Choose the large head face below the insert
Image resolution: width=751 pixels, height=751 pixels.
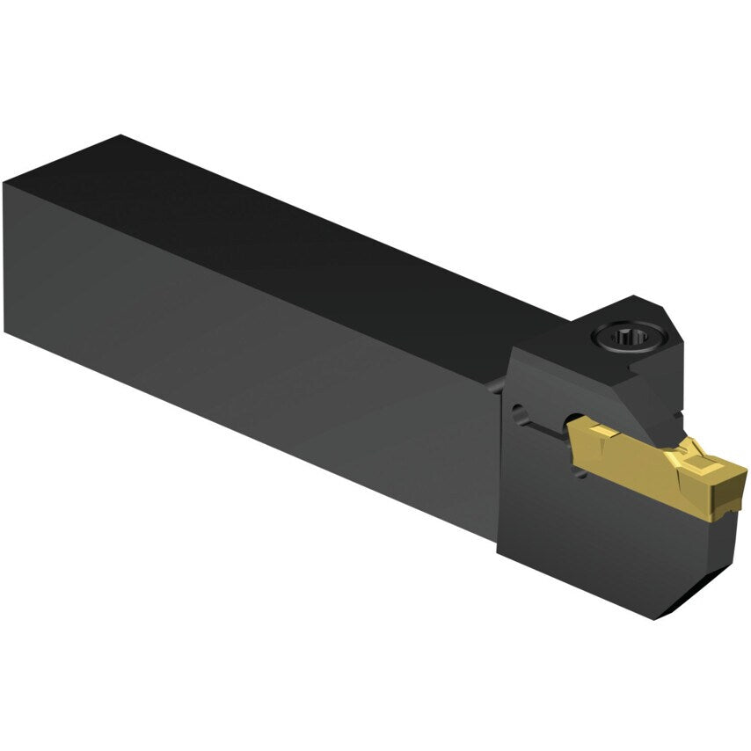580,545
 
